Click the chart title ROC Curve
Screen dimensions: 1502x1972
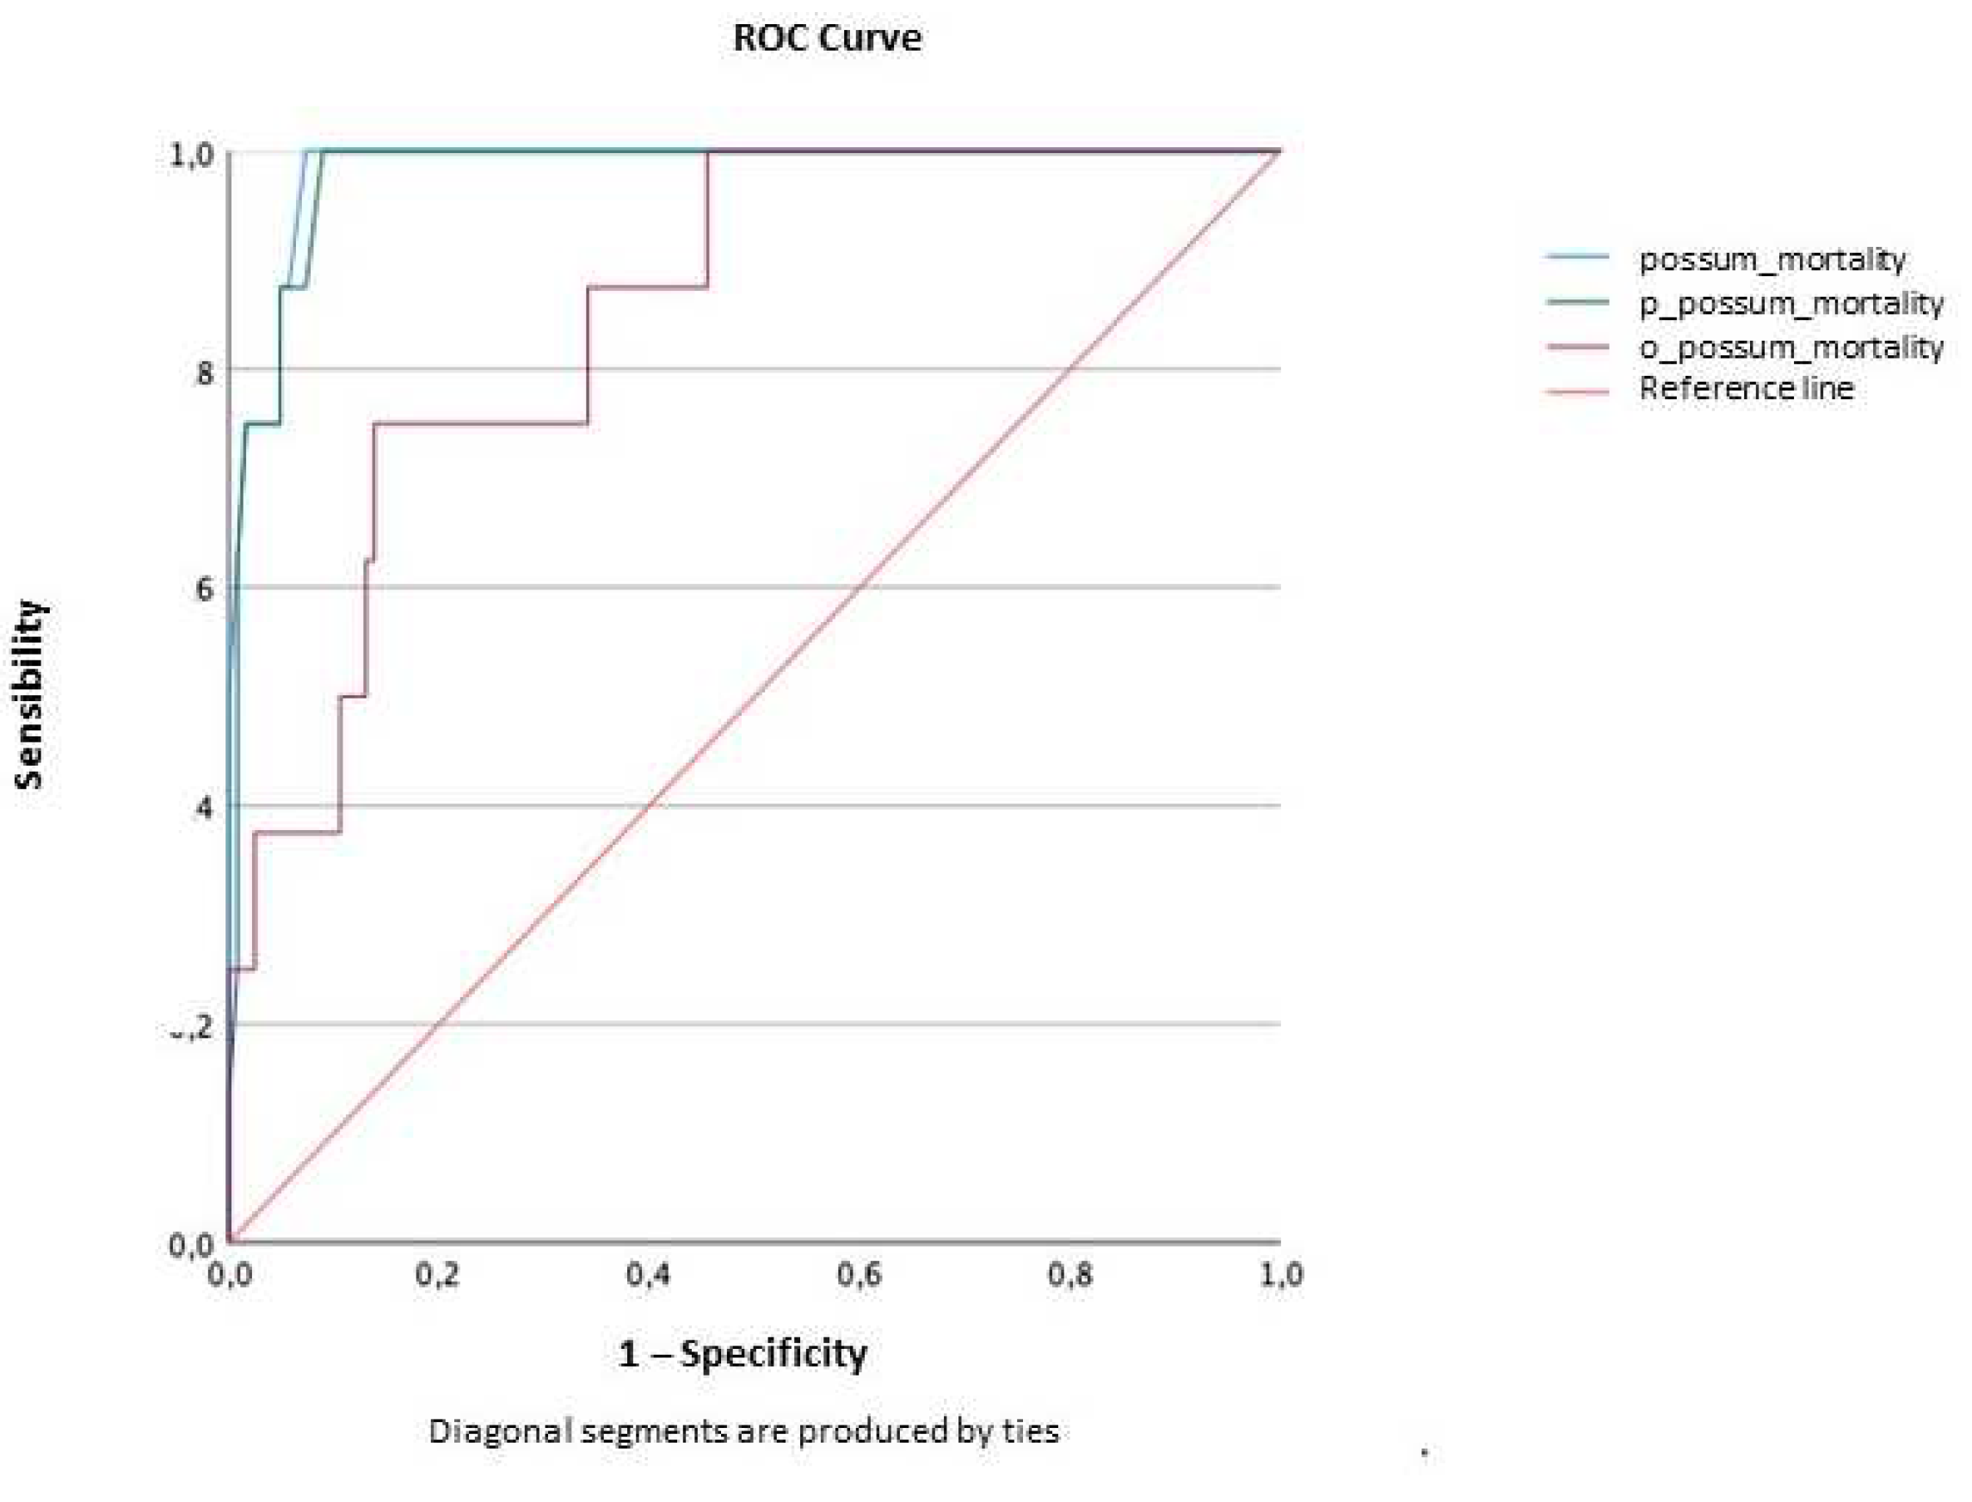(x=826, y=38)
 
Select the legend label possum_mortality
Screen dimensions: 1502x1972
(x=1772, y=259)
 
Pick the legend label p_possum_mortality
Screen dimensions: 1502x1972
(x=1790, y=303)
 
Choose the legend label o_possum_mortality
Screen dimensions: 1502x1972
(x=1790, y=347)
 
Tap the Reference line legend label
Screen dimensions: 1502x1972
(x=1746, y=388)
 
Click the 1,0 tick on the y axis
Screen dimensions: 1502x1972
(x=191, y=155)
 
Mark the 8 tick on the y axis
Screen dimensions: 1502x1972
(x=205, y=372)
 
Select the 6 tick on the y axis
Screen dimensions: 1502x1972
(x=205, y=589)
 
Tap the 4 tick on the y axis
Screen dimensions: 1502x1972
(x=205, y=809)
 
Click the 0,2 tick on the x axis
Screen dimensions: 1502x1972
(x=437, y=1274)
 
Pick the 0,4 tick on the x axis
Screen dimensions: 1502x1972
(x=648, y=1274)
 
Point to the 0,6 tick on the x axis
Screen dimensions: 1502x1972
(x=859, y=1274)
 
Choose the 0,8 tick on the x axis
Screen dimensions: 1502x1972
(x=1070, y=1274)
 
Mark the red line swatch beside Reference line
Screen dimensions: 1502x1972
(x=1577, y=391)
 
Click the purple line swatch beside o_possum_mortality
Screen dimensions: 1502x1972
(x=1577, y=347)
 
